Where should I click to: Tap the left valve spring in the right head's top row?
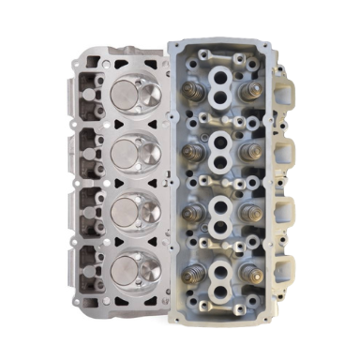coord(191,92)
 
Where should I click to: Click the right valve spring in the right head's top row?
coord(248,91)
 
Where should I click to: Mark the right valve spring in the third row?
coord(249,211)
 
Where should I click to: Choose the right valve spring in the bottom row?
coord(250,272)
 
